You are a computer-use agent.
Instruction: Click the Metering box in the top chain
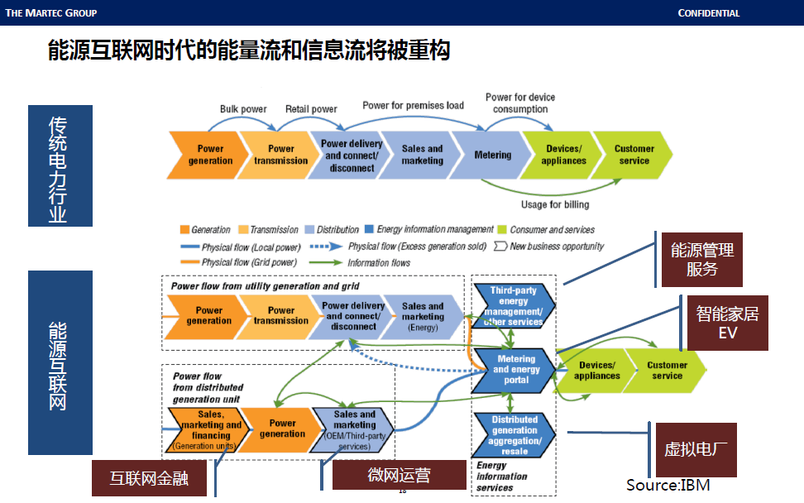tap(492, 155)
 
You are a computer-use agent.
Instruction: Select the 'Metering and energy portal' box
tap(516, 370)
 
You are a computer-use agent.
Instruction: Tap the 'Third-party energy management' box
tap(513, 306)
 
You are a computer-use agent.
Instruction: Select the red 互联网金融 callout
tap(146, 478)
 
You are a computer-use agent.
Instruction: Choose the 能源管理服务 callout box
tap(701, 259)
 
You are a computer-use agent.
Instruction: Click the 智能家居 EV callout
tap(727, 323)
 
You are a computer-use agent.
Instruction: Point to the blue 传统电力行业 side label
tap(60, 165)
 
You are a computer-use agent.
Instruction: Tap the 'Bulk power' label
tap(243, 109)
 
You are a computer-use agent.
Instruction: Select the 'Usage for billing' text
tap(555, 204)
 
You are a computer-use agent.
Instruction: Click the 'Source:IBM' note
tap(668, 485)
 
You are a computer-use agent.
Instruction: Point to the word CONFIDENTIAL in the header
tap(708, 13)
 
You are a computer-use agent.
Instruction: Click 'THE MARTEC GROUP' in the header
tap(51, 13)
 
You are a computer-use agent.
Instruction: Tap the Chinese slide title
tap(249, 51)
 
